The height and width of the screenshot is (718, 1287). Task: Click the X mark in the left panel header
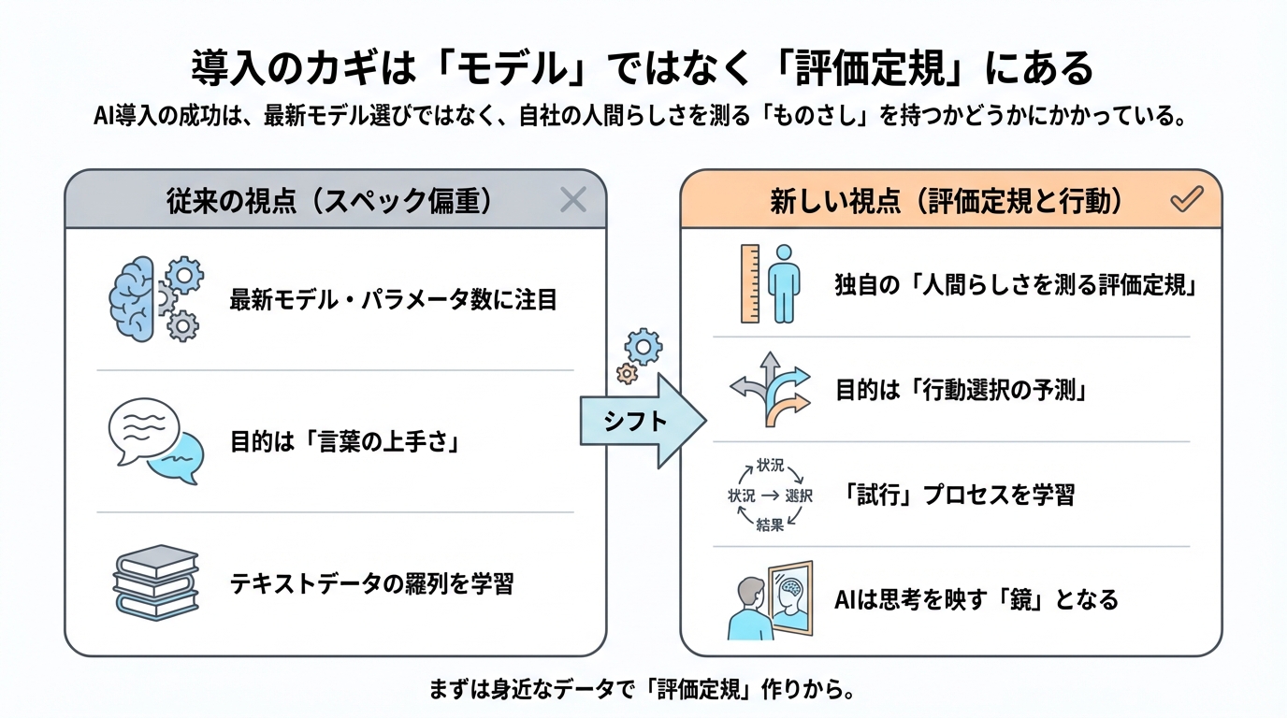[x=572, y=199]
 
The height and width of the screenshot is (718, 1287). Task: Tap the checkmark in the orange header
[x=1186, y=199]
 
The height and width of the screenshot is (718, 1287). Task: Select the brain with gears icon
[x=155, y=299]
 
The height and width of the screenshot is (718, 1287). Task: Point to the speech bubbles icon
[x=155, y=441]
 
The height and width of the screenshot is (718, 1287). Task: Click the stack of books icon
[x=155, y=582]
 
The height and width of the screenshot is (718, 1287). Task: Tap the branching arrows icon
[x=769, y=390]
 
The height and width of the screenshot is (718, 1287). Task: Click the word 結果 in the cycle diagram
[x=769, y=525]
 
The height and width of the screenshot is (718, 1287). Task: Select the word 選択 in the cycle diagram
[x=799, y=495]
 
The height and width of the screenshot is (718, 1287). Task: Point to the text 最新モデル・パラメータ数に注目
[x=393, y=300]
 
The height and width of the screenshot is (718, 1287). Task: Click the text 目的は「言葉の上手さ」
[x=347, y=441]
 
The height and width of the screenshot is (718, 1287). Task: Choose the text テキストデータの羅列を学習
[x=371, y=583]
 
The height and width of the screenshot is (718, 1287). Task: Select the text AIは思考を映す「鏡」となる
[x=976, y=599]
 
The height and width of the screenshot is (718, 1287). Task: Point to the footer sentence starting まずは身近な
[x=643, y=691]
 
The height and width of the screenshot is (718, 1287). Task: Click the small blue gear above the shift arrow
[x=643, y=347]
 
